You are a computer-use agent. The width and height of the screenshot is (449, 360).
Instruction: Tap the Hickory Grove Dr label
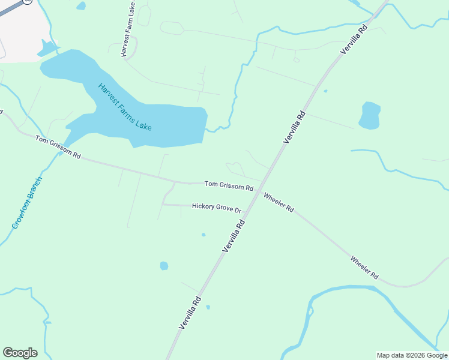pyautogui.click(x=216, y=207)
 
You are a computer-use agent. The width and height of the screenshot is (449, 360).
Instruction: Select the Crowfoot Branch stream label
pyautogui.click(x=27, y=203)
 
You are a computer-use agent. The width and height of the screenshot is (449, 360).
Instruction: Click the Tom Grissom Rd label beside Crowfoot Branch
pyautogui.click(x=58, y=148)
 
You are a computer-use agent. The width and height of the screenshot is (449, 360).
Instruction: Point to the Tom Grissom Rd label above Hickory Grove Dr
pyautogui.click(x=229, y=186)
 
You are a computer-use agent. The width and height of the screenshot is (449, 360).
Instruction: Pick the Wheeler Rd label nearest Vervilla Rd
pyautogui.click(x=279, y=202)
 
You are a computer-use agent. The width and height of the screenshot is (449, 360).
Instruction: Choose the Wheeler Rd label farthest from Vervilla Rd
pyautogui.click(x=364, y=268)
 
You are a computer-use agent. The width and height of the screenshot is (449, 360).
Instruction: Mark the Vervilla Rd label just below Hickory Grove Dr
pyautogui.click(x=234, y=235)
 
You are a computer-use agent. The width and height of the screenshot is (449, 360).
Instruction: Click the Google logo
pyautogui.click(x=20, y=353)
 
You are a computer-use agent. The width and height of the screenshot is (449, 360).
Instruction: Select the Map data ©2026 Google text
pyautogui.click(x=412, y=355)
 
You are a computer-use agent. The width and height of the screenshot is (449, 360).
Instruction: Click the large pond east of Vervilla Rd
pyautogui.click(x=369, y=116)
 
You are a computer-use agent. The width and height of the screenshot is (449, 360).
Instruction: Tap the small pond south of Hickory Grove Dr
pyautogui.click(x=164, y=266)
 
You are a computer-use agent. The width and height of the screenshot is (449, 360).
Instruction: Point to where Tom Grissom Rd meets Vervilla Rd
pyautogui.click(x=262, y=182)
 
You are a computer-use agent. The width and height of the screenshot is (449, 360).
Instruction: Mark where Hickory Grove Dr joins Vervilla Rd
pyautogui.click(x=248, y=207)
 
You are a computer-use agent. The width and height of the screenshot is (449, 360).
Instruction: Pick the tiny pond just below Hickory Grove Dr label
pyautogui.click(x=203, y=235)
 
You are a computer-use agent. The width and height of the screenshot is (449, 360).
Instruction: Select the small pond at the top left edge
pyautogui.click(x=81, y=5)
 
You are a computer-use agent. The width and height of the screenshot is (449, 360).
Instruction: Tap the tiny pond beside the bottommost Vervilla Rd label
pyautogui.click(x=208, y=307)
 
